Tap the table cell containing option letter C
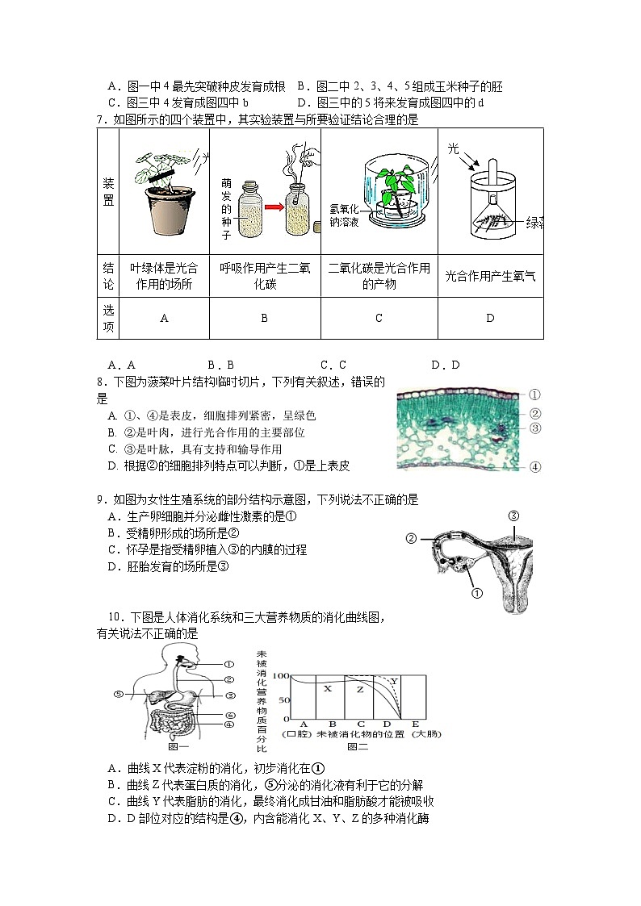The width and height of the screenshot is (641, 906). coord(378,318)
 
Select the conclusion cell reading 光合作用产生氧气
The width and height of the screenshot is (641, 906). coord(489,275)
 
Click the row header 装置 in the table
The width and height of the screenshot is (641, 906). coord(108,191)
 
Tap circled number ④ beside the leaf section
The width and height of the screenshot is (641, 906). coord(534,466)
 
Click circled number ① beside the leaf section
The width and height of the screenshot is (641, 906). coord(534,395)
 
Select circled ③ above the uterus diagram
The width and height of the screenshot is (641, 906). coord(512,516)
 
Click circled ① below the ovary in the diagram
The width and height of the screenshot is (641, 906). coord(476,594)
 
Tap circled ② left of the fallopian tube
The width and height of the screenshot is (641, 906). coord(411,538)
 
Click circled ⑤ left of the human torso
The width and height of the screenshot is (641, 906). coord(118,693)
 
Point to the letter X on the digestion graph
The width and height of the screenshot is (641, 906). coord(327,688)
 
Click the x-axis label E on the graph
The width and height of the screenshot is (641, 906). coord(416,724)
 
